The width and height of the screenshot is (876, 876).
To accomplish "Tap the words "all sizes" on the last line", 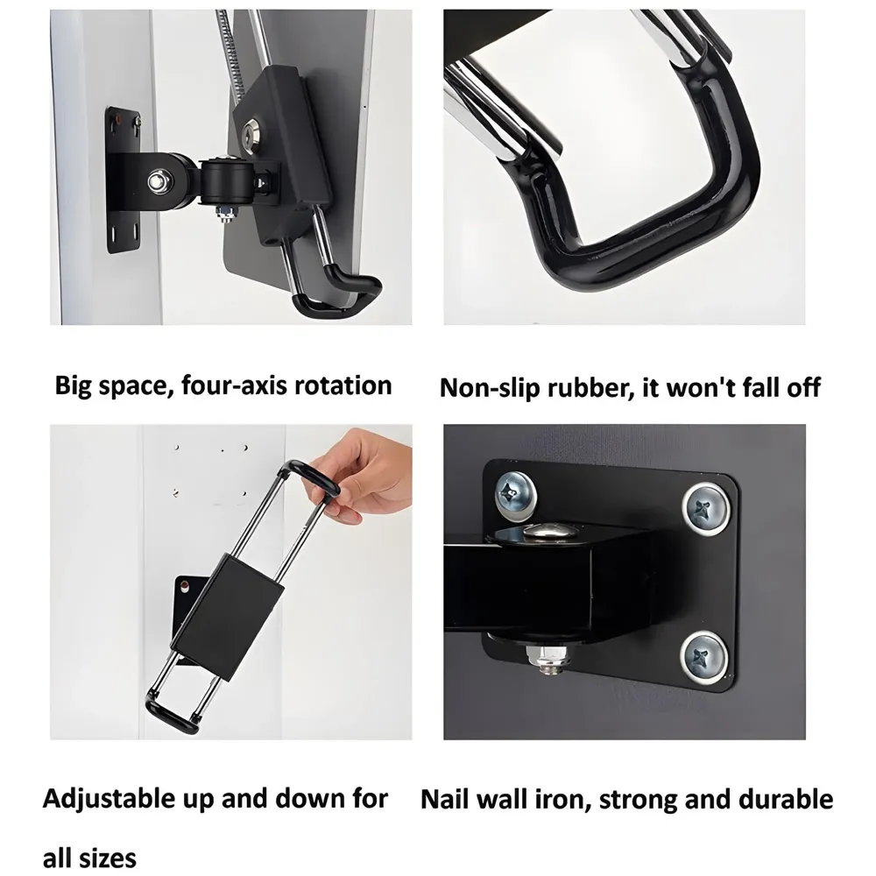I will pyautogui.click(x=89, y=856).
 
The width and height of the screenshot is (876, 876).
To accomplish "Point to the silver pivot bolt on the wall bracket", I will pyautogui.click(x=159, y=181).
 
